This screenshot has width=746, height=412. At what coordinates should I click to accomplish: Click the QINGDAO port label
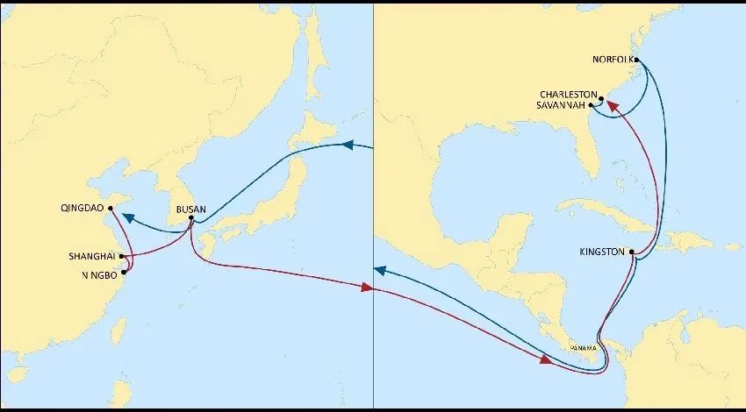[82, 209]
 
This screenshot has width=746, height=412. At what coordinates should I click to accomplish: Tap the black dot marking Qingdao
[111, 208]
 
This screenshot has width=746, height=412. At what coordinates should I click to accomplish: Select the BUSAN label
[191, 210]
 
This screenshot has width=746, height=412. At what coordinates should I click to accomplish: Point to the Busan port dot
[191, 217]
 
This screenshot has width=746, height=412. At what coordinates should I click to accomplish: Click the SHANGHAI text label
[92, 257]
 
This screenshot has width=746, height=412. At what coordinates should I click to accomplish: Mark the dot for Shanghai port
[121, 257]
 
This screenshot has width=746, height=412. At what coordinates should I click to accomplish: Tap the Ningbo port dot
[123, 273]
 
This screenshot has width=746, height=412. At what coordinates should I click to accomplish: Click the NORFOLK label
[613, 60]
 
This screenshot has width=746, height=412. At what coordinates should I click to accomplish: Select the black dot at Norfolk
[636, 60]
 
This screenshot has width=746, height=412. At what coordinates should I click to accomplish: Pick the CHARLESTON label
[569, 95]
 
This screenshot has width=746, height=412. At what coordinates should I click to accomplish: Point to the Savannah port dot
[591, 106]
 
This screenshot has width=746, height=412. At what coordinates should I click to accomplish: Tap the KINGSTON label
[602, 252]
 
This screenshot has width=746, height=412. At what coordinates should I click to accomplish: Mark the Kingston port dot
[631, 252]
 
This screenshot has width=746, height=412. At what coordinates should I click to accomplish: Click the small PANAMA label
[583, 349]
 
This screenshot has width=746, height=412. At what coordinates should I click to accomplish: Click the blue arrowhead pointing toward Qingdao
[127, 217]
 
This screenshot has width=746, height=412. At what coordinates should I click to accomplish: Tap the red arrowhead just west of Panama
[547, 358]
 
